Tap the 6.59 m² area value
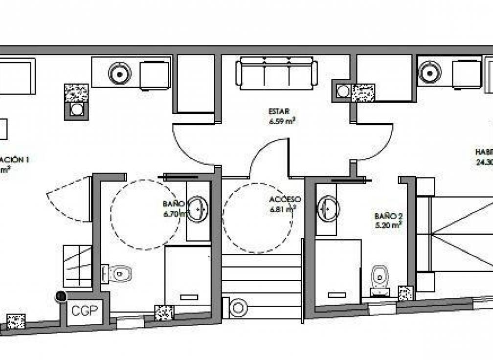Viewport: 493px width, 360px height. [281, 121]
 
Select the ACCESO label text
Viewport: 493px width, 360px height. [284, 200]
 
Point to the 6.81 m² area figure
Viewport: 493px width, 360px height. [283, 210]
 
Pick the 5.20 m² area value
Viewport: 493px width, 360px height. [388, 225]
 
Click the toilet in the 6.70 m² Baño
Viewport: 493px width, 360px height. [117, 273]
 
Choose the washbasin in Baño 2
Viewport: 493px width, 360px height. [327, 209]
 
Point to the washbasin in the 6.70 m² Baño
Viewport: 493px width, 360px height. [198, 209]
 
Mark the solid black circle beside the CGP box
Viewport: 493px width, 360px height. [61, 296]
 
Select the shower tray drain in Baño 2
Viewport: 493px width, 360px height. [336, 295]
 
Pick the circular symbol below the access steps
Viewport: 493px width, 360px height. [238, 308]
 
